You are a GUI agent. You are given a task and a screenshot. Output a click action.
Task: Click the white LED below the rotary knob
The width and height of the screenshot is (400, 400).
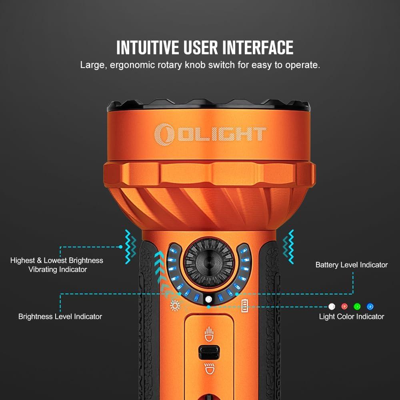pos(208,299)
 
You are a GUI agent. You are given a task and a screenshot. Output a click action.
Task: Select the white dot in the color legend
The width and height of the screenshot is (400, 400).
pos(331,306)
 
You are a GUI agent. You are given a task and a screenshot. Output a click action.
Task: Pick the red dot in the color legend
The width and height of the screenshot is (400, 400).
pos(344,306)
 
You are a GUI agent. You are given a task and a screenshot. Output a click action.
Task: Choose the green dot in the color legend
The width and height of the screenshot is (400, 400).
pos(357,306)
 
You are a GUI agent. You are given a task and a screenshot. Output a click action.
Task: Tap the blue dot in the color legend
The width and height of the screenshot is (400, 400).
pos(370,306)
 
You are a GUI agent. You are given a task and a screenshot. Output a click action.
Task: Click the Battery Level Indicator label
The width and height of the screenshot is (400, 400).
pos(351,265)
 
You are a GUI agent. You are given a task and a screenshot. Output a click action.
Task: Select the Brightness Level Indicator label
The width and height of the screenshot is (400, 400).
pos(60,316)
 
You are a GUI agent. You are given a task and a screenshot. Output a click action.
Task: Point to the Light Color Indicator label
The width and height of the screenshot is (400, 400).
pos(351,316)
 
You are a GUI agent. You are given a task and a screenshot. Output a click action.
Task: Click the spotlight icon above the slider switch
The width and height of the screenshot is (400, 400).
pos(208,333)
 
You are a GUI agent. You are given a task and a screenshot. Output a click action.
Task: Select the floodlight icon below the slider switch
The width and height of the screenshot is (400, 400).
pos(208,369)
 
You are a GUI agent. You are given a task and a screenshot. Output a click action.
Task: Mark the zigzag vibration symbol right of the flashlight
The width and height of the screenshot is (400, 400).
pos(288,246)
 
